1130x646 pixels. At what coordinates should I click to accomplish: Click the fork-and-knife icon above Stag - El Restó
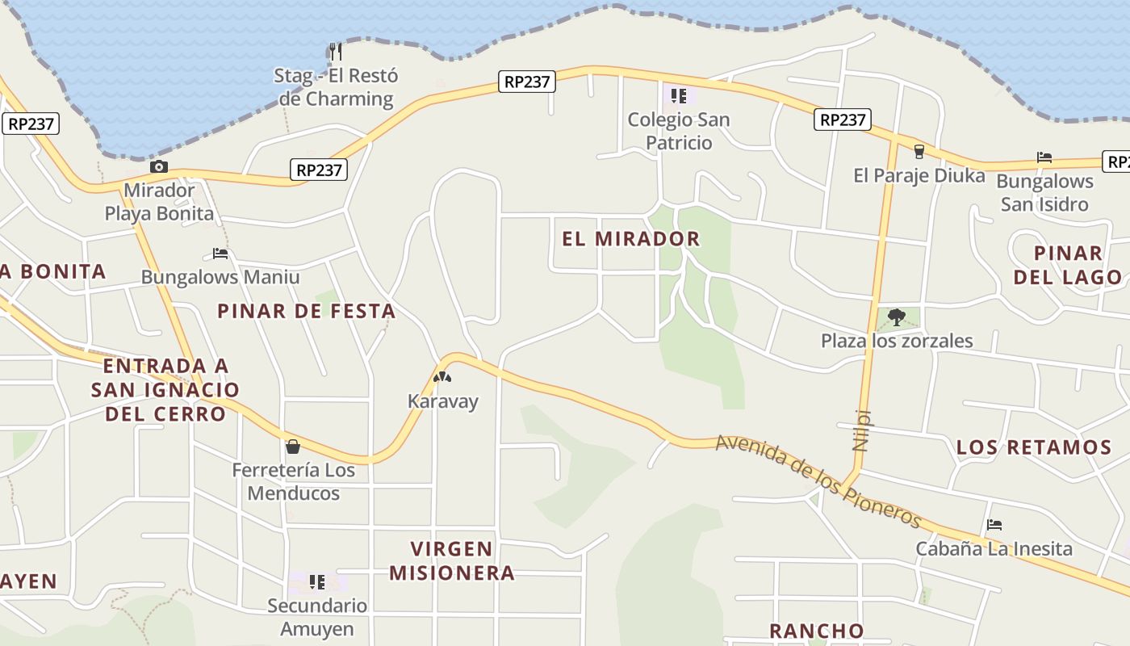336,52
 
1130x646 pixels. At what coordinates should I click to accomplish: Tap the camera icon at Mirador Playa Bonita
159,167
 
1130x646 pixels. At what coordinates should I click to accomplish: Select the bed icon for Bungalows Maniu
220,254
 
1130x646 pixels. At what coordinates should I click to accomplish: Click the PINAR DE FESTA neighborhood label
307,311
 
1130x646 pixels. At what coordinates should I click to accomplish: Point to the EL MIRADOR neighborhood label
631,239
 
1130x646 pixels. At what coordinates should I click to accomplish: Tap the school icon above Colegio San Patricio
679,97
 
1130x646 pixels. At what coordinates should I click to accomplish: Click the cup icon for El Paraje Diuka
919,152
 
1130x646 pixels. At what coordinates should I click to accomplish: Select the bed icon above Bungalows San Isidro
1044,157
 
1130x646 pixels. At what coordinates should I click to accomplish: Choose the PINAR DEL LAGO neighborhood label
1068,266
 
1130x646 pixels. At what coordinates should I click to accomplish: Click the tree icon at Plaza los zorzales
896,317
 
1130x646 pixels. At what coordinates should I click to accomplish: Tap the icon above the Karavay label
442,377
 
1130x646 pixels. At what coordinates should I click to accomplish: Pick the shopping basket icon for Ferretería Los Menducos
293,447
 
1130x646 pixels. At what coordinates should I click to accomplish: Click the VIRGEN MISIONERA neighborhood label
452,561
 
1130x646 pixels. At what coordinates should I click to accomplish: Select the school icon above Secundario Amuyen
317,582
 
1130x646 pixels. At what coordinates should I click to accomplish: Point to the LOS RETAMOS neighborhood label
1034,447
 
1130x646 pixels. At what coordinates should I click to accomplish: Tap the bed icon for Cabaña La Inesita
994,526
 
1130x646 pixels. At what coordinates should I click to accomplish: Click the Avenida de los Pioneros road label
818,480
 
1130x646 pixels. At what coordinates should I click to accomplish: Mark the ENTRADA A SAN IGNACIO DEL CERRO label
165,390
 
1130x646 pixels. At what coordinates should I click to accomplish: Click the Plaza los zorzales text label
897,341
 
